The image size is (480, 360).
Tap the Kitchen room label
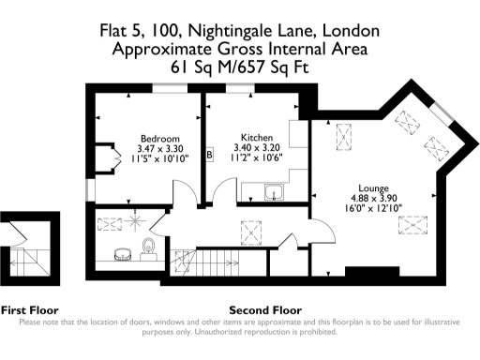pyautogui.click(x=256, y=137)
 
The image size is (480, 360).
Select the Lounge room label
pyautogui.click(x=373, y=187)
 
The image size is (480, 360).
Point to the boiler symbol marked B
pyautogui.click(x=210, y=154)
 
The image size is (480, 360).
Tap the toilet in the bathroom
pyautogui.click(x=148, y=247)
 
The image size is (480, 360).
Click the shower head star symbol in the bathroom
pyautogui.click(x=135, y=221)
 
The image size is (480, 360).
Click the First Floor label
pyautogui.click(x=30, y=309)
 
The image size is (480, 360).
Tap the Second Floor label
pyautogui.click(x=265, y=309)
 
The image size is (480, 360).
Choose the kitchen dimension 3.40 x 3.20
pyautogui.click(x=256, y=147)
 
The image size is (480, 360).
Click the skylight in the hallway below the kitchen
pyautogui.click(x=252, y=229)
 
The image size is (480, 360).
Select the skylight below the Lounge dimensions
pyautogui.click(x=409, y=224)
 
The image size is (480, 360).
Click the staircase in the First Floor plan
pyautogui.click(x=29, y=257)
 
